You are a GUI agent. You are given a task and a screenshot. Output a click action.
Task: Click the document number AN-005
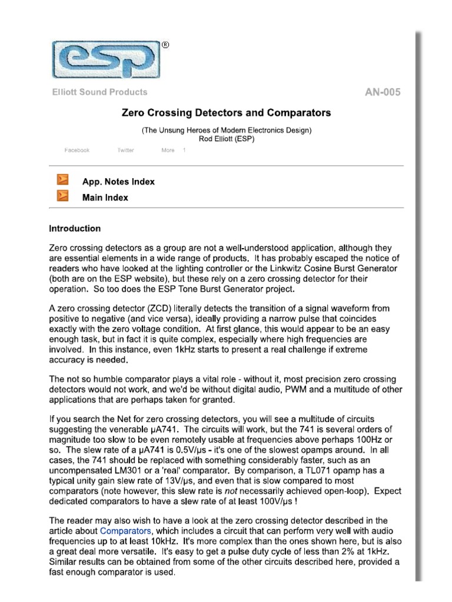click(383, 92)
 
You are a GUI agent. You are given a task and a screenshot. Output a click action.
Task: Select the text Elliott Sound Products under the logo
click(99, 92)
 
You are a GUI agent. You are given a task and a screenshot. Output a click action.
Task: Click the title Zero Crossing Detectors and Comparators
click(226, 112)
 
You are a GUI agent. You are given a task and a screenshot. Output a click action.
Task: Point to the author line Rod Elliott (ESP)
click(226, 139)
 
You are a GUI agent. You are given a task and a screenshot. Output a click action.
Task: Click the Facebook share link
click(77, 150)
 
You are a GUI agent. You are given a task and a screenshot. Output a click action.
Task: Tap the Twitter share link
click(125, 150)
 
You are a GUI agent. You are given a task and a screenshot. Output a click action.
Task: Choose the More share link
click(168, 150)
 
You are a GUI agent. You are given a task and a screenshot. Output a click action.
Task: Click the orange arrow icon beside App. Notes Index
click(62, 180)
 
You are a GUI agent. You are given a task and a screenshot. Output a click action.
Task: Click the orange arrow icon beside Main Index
click(62, 196)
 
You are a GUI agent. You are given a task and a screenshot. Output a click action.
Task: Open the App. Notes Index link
click(118, 182)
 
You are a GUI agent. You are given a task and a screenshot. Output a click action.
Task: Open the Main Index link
click(105, 198)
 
